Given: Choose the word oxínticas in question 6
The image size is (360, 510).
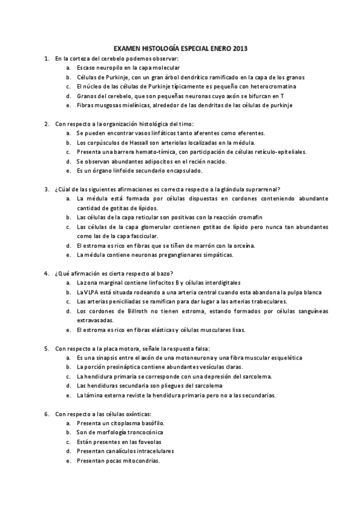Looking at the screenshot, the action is point(139,414).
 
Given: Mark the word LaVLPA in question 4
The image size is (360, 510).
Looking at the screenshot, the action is point(87,292).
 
